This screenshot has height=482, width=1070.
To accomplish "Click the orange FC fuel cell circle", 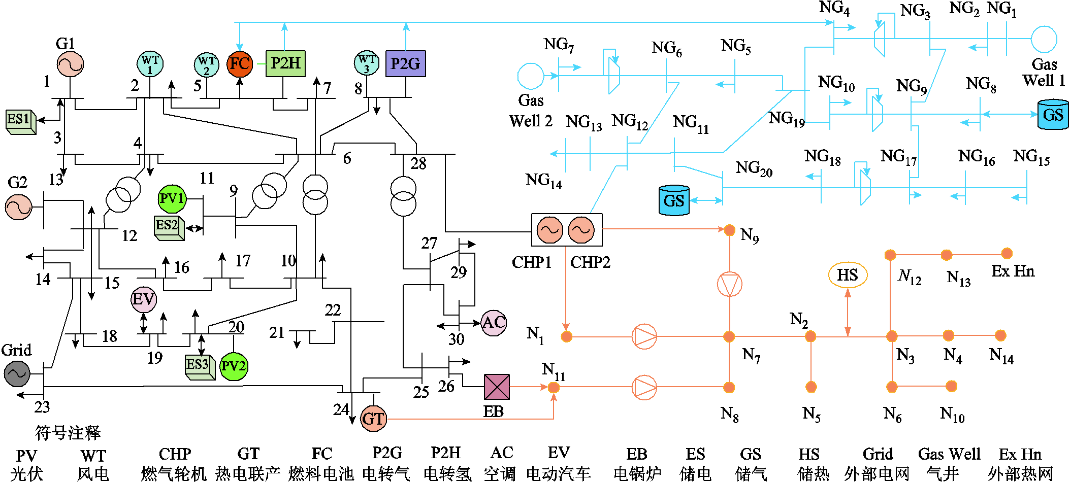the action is click(240, 64).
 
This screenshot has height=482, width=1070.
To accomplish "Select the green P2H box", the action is click(285, 63).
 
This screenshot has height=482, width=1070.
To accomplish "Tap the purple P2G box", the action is click(405, 63).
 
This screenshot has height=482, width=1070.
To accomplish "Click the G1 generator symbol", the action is click(70, 64).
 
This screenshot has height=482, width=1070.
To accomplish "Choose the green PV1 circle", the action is click(172, 198).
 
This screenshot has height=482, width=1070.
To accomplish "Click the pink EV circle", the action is click(144, 299).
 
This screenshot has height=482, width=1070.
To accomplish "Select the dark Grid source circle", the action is click(17, 374).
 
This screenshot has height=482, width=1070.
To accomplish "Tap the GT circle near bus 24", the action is click(373, 419).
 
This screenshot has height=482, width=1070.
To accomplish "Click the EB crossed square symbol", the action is click(497, 387).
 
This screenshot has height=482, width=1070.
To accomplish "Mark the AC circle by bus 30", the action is click(494, 323).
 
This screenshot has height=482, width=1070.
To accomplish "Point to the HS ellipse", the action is click(848, 275).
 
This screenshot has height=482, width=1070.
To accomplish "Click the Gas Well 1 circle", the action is click(1044, 40).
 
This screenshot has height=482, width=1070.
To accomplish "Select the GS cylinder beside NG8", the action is click(1053, 114).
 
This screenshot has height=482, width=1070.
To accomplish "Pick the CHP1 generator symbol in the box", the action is click(550, 230).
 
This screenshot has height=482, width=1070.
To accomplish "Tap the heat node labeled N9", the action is click(729, 230).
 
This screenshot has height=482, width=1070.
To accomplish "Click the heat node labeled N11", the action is click(554, 387).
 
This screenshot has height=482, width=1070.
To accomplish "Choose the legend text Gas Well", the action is click(949, 454).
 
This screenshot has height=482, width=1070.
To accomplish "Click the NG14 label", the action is click(544, 180).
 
